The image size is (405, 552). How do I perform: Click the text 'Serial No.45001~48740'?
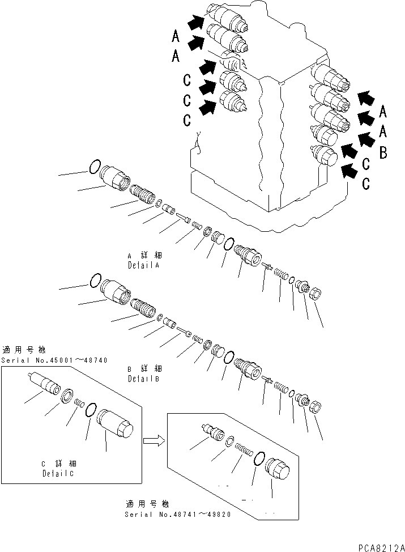(54, 360)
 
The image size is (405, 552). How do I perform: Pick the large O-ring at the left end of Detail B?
(96, 280)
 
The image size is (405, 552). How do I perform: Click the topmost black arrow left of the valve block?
(196, 23)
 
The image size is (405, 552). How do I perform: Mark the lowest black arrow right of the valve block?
(351, 169)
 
